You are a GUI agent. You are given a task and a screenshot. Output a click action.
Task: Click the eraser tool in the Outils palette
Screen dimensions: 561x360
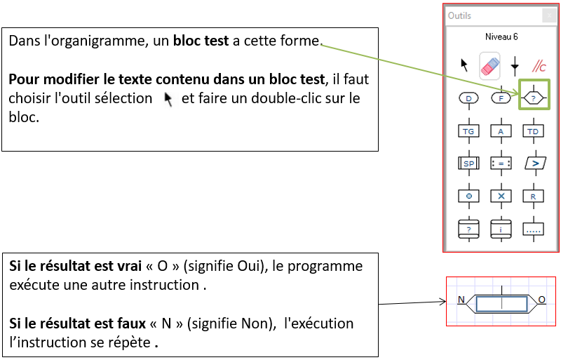click(x=489, y=66)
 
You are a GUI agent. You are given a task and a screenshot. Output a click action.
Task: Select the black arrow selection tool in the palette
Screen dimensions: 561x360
click(x=464, y=65)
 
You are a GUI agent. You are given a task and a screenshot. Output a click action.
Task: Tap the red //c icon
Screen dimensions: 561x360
click(x=539, y=66)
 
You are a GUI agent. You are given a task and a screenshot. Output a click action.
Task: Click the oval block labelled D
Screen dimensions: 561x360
click(x=468, y=98)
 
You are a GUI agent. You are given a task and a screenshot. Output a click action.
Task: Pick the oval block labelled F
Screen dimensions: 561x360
click(x=501, y=98)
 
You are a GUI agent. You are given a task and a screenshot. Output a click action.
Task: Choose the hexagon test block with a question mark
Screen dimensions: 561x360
click(x=534, y=98)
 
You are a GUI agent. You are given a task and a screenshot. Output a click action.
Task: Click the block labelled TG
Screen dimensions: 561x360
click(x=468, y=131)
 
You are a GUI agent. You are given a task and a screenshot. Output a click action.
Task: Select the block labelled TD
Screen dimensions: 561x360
click(x=533, y=131)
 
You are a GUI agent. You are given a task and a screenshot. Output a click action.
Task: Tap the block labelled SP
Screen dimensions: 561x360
click(x=468, y=164)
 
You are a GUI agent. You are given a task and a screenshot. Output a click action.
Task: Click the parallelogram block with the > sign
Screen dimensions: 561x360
click(x=535, y=164)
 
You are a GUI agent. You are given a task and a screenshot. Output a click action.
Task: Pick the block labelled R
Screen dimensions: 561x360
click(x=533, y=196)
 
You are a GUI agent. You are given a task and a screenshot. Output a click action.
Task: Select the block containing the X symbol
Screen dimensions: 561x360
click(x=501, y=196)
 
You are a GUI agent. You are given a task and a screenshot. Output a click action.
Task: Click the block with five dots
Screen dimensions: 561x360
click(x=533, y=229)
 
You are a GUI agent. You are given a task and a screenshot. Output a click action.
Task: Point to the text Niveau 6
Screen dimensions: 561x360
click(x=501, y=36)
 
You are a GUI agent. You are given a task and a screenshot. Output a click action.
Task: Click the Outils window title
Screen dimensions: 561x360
click(x=459, y=15)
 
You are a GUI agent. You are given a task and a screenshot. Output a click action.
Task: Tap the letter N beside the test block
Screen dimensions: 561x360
click(x=461, y=300)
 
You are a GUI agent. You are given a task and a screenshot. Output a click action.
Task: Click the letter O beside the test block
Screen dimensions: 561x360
click(x=541, y=300)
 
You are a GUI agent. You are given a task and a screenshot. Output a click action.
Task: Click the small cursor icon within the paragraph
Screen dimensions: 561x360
click(x=168, y=99)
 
